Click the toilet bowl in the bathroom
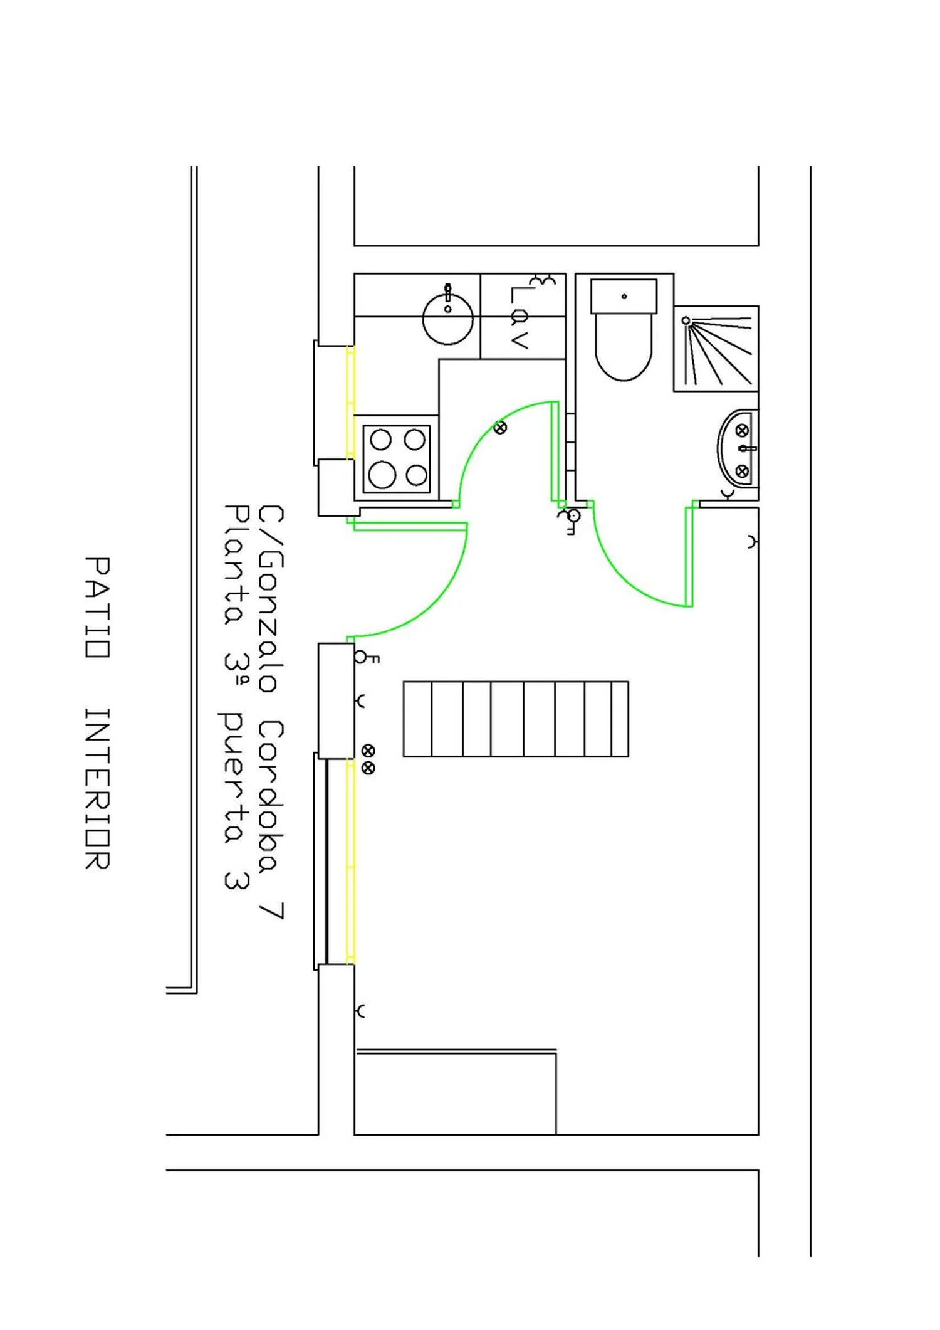(624, 345)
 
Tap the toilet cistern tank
(624, 296)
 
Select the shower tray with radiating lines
(716, 349)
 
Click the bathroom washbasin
(738, 448)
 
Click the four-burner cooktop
(397, 458)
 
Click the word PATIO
(98, 607)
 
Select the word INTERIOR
(98, 789)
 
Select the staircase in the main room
(516, 719)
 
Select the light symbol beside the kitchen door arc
(500, 428)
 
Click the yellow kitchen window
(350, 402)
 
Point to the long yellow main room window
(350, 862)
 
